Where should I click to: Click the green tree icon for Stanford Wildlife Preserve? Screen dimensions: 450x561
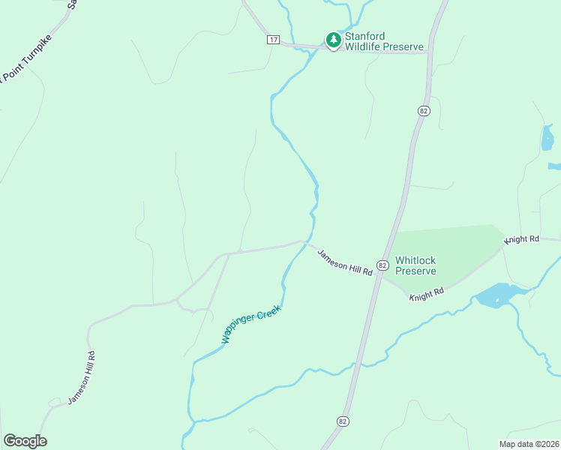333,39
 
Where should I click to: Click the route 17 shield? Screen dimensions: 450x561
273,39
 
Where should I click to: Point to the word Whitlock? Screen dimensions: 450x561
415,259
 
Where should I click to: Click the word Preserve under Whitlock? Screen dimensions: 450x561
415,271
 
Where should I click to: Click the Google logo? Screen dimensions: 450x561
25,441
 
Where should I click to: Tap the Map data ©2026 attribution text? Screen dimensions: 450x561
528,444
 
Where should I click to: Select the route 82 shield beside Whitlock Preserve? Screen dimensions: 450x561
382,265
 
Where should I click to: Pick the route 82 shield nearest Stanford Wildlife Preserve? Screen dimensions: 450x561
424,110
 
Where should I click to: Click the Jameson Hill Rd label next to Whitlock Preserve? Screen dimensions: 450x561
345,263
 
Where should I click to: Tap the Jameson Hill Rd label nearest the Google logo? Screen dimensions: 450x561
82,378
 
